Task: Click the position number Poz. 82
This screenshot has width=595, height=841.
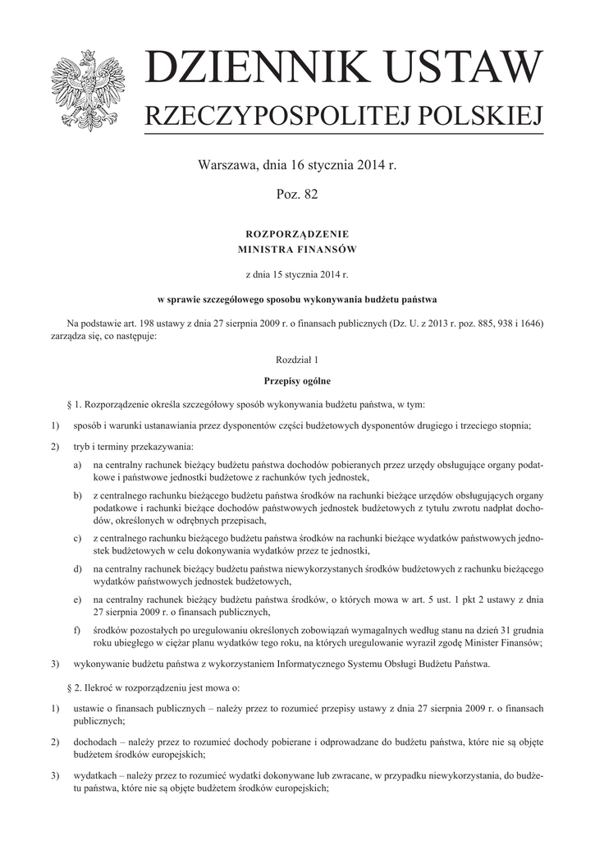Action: pyautogui.click(x=297, y=194)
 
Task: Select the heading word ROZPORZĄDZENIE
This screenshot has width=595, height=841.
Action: pyautogui.click(x=297, y=234)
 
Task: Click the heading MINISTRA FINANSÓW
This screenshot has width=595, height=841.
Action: pyautogui.click(x=297, y=247)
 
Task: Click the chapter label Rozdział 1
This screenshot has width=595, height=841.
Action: pyautogui.click(x=297, y=360)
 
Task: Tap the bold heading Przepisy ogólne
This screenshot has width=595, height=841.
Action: pyautogui.click(x=297, y=381)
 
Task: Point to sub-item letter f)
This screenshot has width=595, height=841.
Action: pyautogui.click(x=76, y=629)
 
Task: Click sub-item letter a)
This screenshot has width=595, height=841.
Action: pyautogui.click(x=76, y=464)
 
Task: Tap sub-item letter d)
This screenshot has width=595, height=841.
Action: pyautogui.click(x=76, y=568)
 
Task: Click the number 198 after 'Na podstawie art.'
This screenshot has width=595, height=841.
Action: pyautogui.click(x=135, y=323)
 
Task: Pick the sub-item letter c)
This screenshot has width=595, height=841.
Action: pyautogui.click(x=76, y=538)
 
